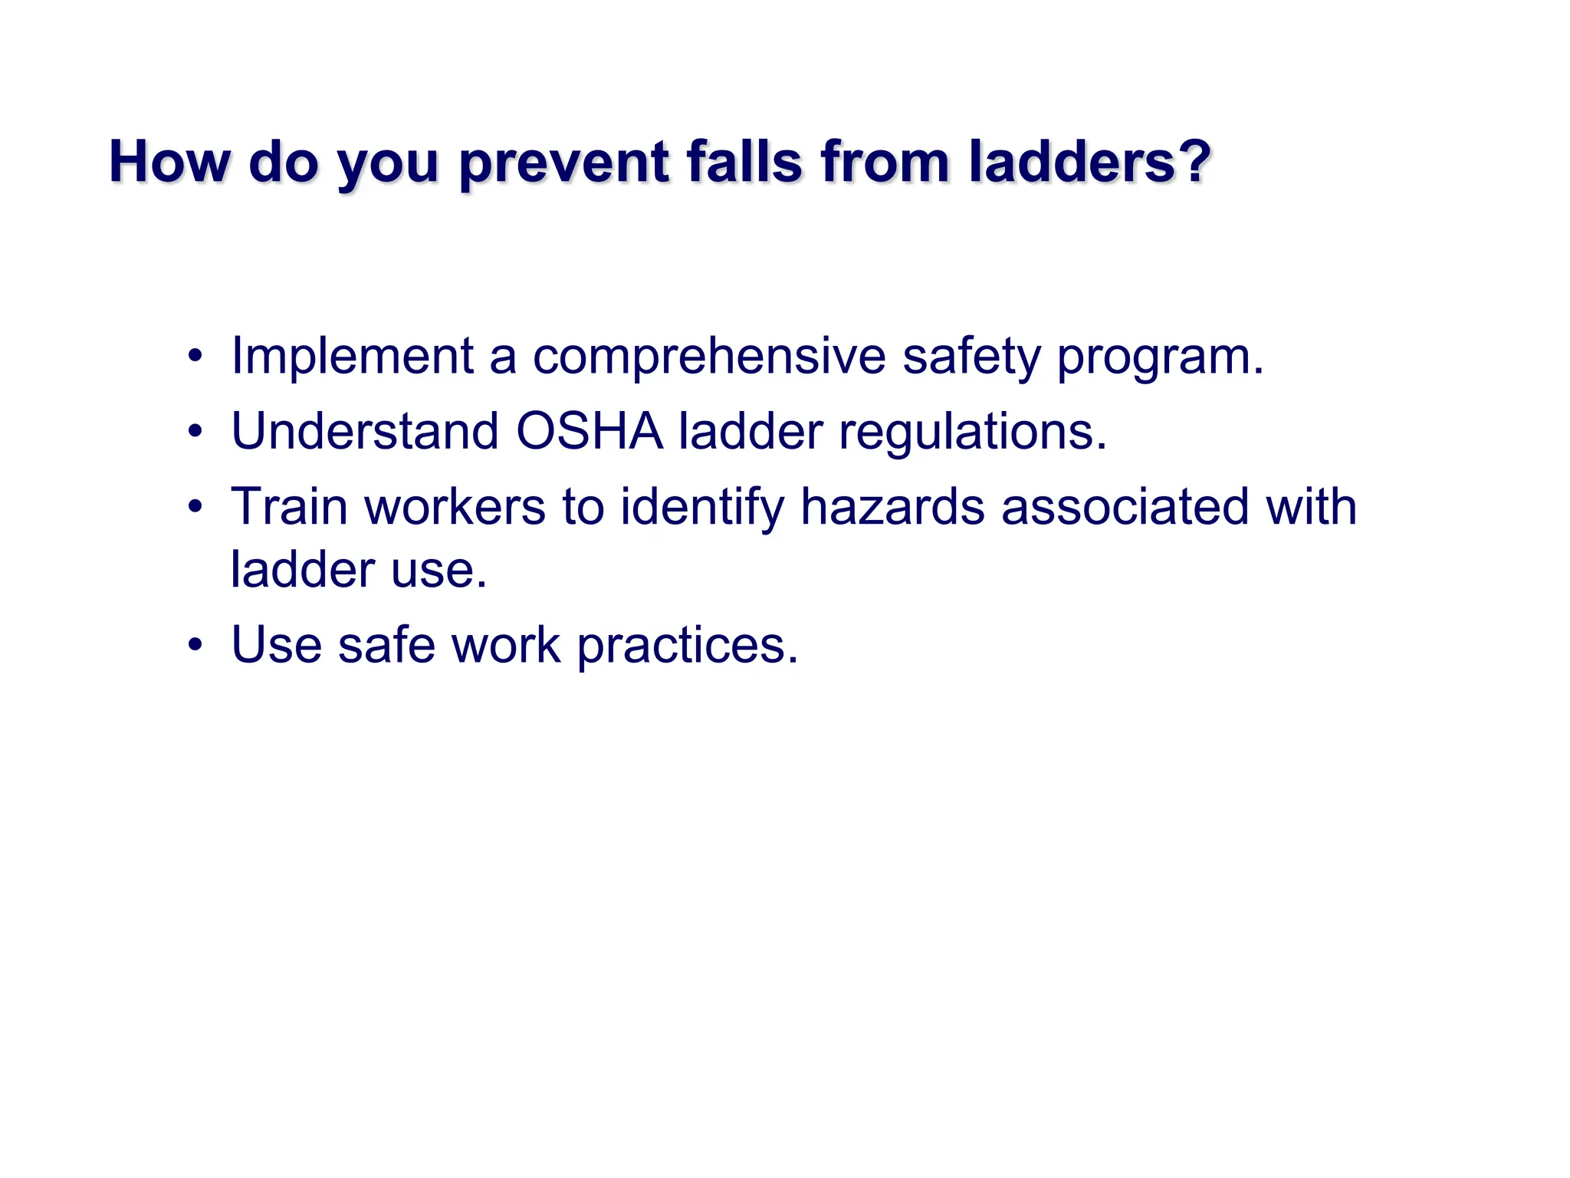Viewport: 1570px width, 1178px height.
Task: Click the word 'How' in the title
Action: click(x=169, y=163)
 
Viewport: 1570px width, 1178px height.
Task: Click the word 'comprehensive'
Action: click(x=709, y=357)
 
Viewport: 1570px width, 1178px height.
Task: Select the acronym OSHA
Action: click(x=589, y=431)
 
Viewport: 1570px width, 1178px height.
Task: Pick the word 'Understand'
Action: click(x=364, y=431)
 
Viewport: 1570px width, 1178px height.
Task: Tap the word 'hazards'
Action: click(x=892, y=507)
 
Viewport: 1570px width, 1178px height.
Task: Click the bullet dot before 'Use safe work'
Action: click(x=195, y=645)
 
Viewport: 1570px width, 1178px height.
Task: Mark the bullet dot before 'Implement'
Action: click(x=195, y=357)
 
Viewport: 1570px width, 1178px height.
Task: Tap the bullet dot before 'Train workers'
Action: click(x=195, y=507)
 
